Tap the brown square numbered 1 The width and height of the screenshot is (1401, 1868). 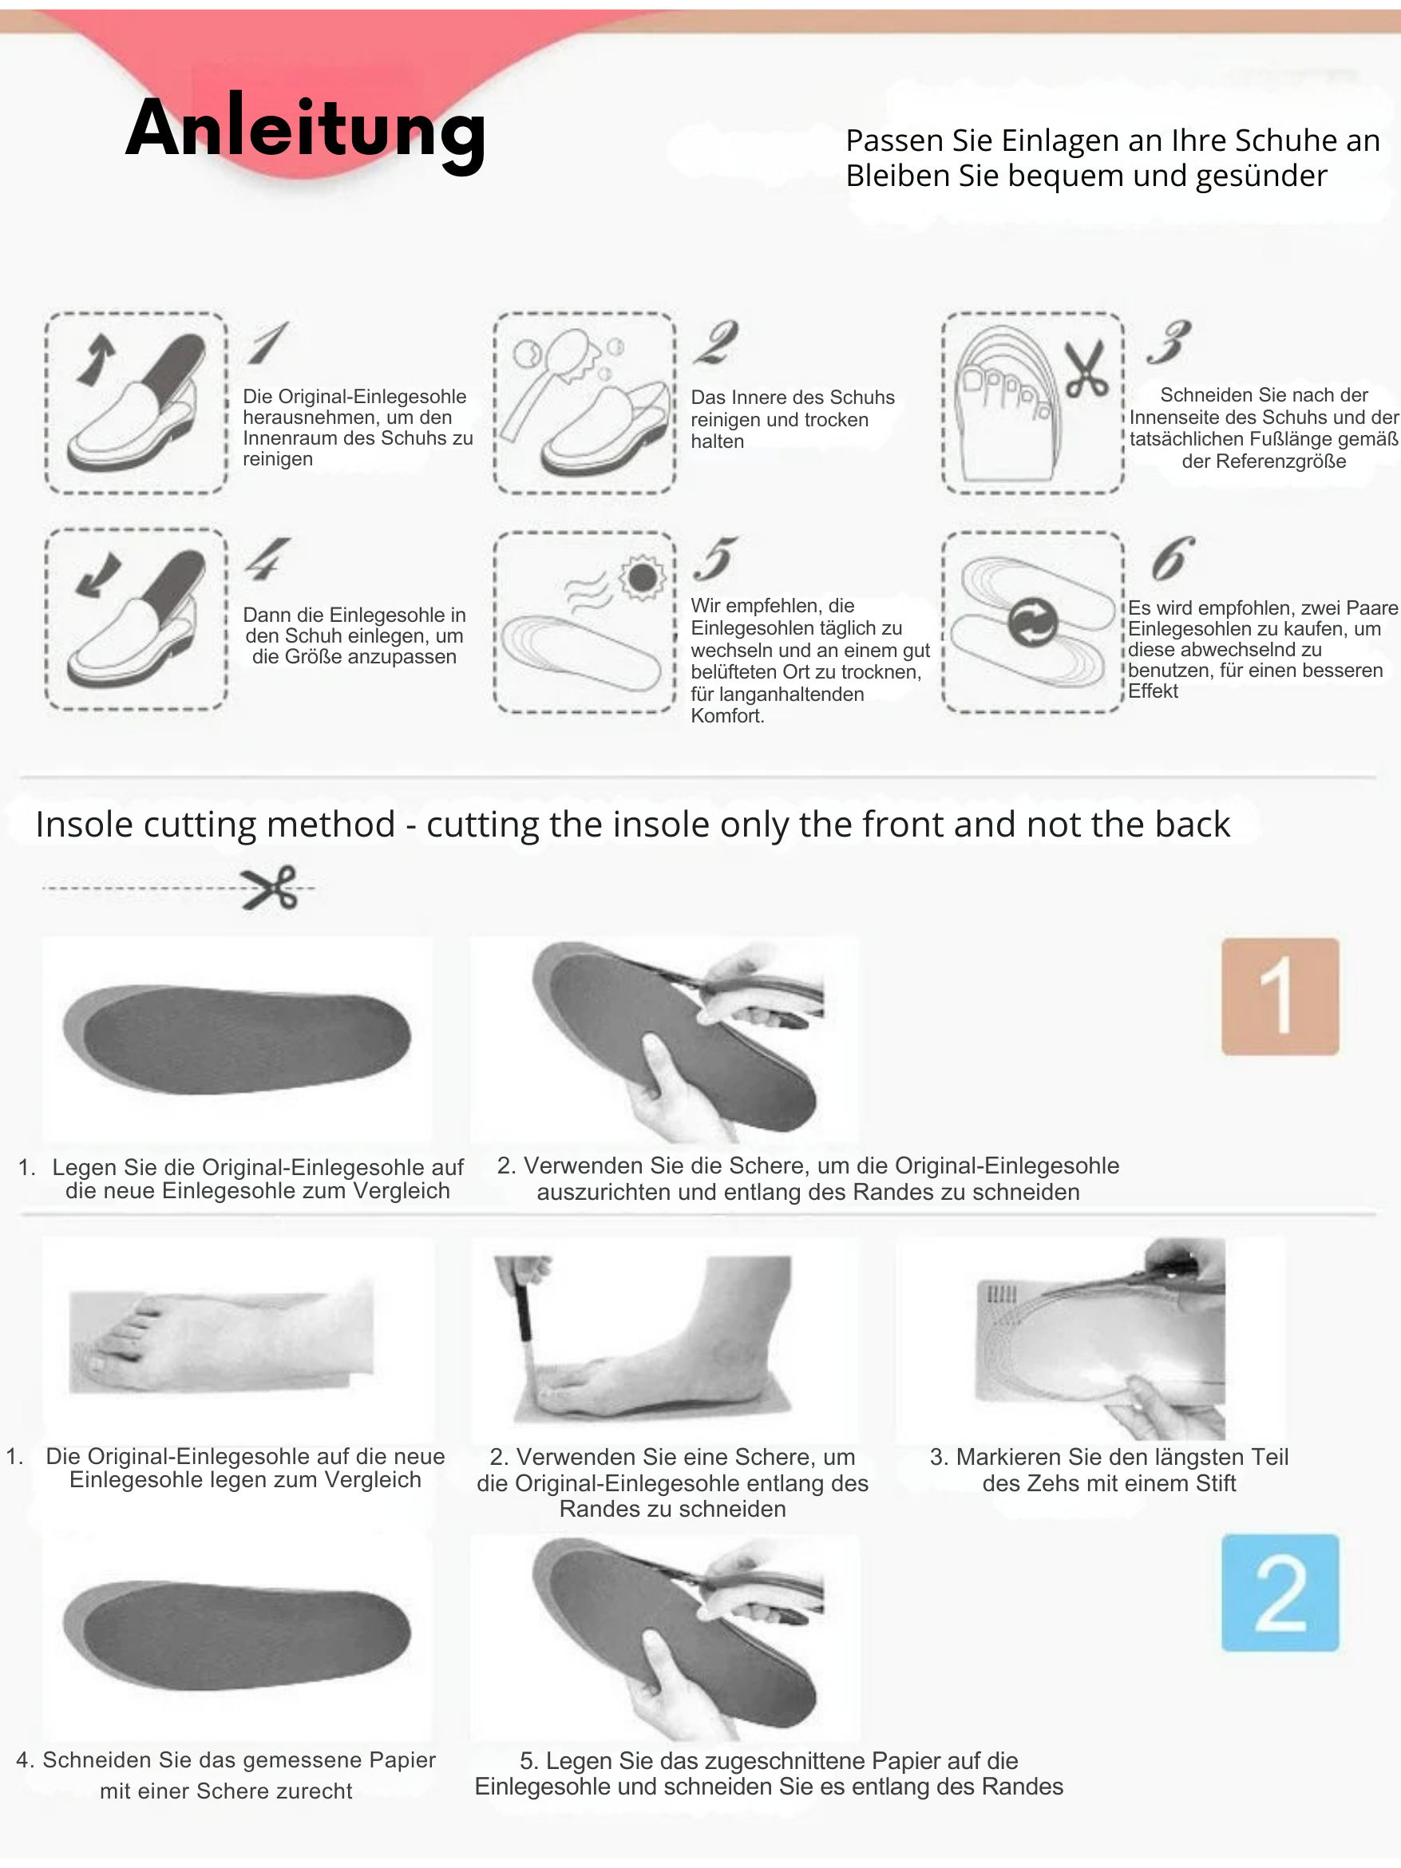coord(1280,996)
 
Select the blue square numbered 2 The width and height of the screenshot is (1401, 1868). coord(1280,1592)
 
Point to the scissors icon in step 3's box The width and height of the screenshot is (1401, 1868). coord(1086,369)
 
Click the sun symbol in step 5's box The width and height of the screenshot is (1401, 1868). coord(642,578)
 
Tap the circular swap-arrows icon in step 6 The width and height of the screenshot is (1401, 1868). coord(1033,623)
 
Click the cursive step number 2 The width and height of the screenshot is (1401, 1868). coord(716,342)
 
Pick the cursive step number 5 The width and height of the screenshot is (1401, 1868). coord(714,558)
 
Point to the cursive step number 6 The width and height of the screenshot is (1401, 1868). coord(1173,557)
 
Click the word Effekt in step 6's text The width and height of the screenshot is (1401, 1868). coord(1153,691)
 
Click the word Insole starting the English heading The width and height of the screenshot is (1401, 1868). coord(87,824)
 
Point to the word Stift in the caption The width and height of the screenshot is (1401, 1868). coord(1210,1484)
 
